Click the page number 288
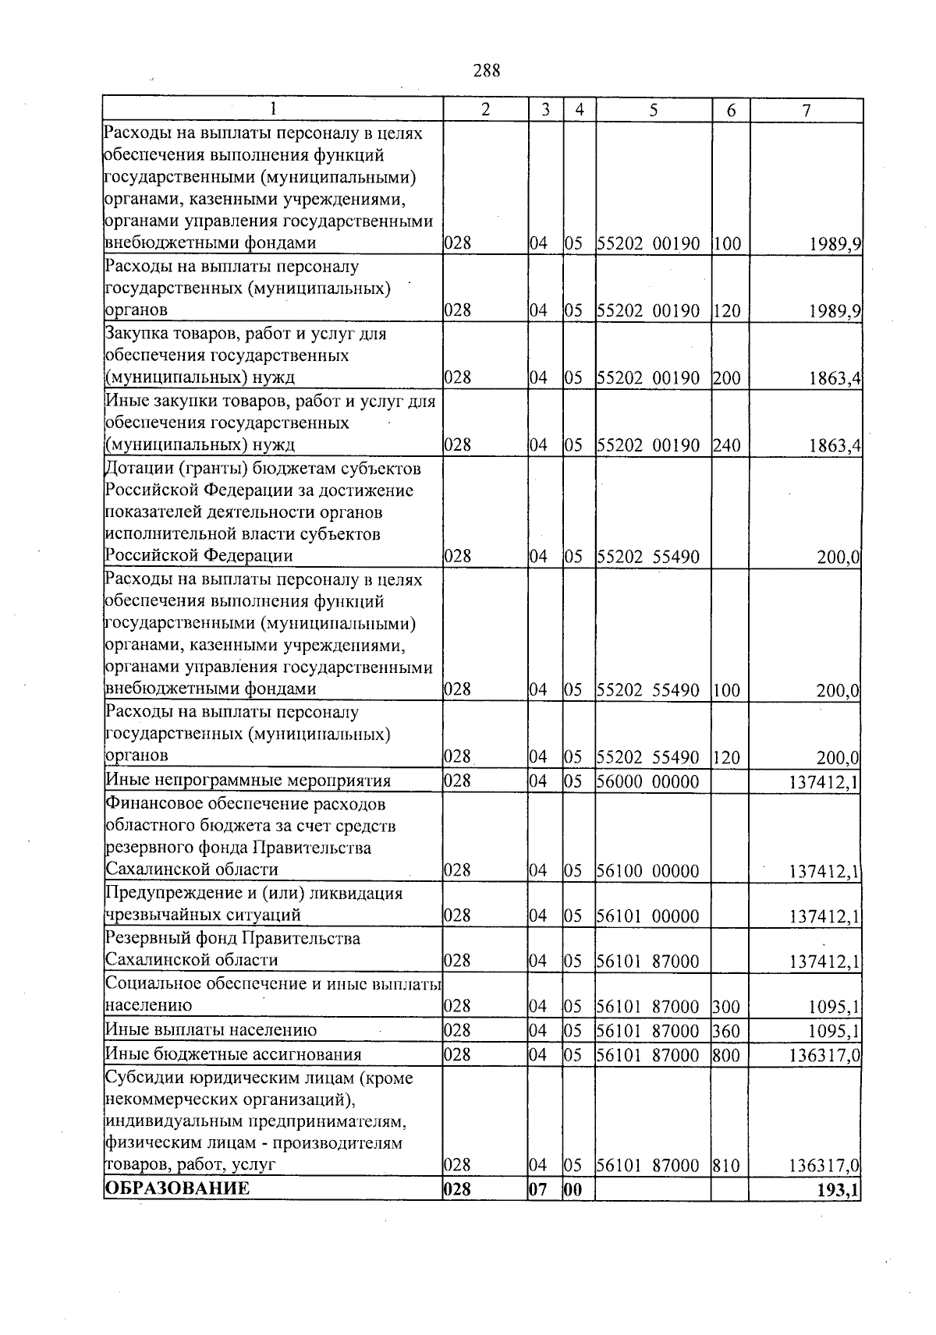[486, 71]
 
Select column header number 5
[654, 111]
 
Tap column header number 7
[807, 111]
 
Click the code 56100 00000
[648, 870]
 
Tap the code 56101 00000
[648, 915]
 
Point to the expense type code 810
[726, 1165]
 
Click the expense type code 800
[726, 1054]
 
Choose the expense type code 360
[726, 1030]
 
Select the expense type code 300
[726, 1006]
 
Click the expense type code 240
[726, 445]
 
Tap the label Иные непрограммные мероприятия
[248, 781]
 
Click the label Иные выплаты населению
[211, 1029]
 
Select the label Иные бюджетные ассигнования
[233, 1054]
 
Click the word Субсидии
[137, 1078]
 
